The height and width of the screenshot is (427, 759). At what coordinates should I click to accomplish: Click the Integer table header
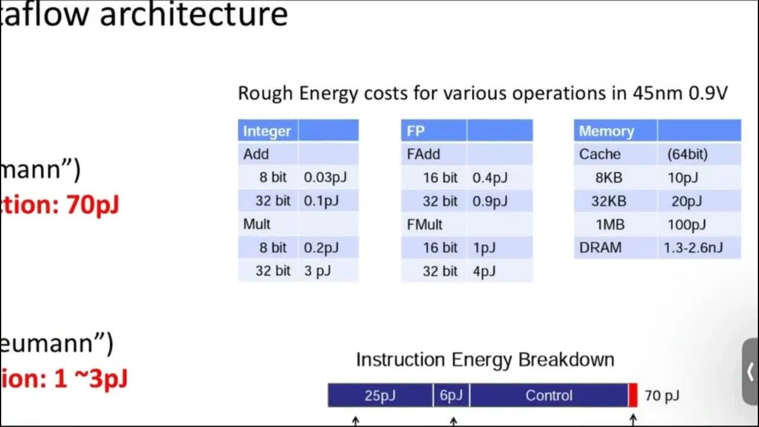267,131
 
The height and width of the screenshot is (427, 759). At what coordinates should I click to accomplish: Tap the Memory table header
606,131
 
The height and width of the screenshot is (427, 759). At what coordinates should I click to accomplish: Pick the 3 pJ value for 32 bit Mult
317,271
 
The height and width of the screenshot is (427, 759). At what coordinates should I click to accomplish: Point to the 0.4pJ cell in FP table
490,177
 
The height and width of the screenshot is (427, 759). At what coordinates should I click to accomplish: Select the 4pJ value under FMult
484,271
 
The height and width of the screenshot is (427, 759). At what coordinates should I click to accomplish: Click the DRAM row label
600,247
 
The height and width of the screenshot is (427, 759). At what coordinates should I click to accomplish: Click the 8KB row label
608,177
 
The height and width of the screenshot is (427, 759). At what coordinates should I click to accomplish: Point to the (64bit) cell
687,154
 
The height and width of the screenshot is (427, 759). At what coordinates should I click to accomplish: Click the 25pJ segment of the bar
380,396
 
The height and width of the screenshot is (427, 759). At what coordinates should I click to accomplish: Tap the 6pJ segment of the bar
451,396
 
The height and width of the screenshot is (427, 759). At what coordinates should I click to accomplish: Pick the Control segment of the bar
548,396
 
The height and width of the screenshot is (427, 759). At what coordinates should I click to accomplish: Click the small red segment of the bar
633,396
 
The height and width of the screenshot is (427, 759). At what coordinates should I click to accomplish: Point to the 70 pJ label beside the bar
662,396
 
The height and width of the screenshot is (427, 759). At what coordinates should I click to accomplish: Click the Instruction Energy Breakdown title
485,359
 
